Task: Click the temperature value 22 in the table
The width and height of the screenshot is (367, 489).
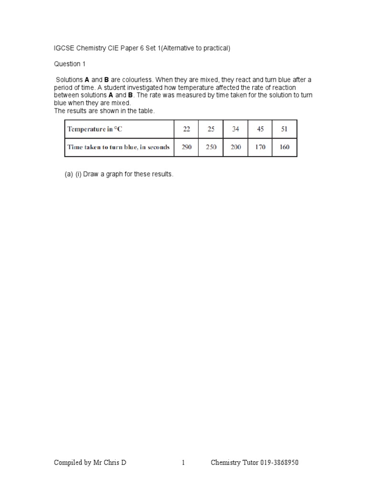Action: click(x=186, y=129)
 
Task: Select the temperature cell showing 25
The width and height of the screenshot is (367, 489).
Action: click(x=211, y=129)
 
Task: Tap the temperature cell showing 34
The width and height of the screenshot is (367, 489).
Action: click(x=236, y=129)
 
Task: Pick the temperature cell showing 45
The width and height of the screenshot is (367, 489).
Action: click(x=260, y=129)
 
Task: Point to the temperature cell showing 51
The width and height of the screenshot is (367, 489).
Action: click(x=284, y=129)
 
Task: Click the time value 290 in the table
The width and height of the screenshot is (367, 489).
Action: click(x=186, y=147)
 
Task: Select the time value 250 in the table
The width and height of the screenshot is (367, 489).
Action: click(x=211, y=147)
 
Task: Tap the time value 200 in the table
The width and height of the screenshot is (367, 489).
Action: click(x=236, y=147)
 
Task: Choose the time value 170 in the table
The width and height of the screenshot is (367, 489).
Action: click(x=260, y=147)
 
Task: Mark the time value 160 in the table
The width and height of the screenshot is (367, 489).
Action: click(x=284, y=147)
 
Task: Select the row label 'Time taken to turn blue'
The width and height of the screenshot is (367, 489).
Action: click(x=119, y=147)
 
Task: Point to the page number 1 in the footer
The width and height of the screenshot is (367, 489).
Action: click(x=183, y=462)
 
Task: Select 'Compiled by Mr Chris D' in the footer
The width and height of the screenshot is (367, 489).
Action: click(x=90, y=462)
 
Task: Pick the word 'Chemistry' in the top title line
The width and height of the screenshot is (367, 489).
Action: click(x=93, y=49)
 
